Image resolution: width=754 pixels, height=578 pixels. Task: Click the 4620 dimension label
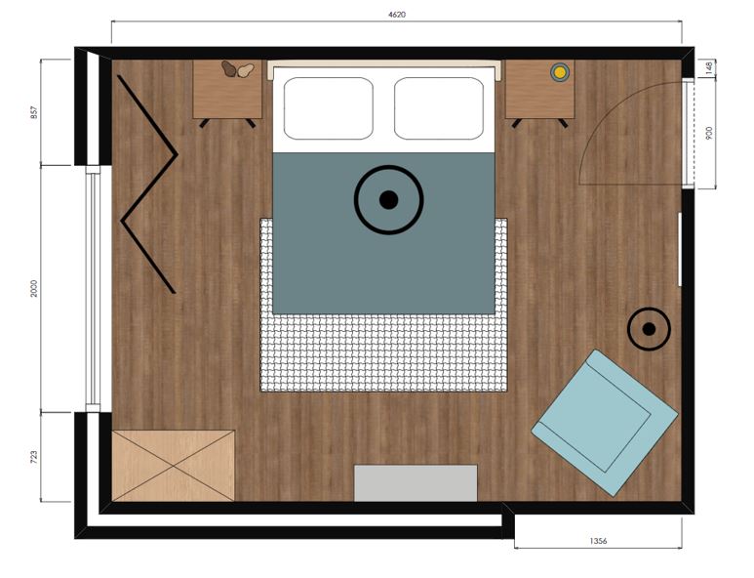pos(397,15)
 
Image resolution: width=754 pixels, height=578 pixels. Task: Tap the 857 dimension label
pos(34,112)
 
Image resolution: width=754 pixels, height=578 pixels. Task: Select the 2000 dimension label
pos(34,288)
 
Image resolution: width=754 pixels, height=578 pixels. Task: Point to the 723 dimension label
pos(34,457)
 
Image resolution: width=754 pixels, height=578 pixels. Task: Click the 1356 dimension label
pos(598,541)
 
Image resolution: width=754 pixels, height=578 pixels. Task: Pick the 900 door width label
pos(709,134)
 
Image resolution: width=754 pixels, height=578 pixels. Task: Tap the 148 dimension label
pos(709,68)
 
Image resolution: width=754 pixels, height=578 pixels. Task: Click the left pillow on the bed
pos(328,108)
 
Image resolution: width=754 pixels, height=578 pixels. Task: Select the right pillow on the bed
pos(439,108)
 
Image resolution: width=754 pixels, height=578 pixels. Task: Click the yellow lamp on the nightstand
pos(560,72)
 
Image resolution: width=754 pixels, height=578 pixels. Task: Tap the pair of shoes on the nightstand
pos(237,69)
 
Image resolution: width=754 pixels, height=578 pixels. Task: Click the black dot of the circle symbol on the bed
pos(388,200)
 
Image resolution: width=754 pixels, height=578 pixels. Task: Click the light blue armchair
pos(605,423)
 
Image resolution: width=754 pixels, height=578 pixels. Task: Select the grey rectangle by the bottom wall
pos(416,482)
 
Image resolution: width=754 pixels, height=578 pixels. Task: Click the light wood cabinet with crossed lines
pos(173,466)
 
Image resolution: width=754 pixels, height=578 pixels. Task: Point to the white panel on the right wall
pos(680,249)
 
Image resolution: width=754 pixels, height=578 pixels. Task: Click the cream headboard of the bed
pos(384,63)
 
